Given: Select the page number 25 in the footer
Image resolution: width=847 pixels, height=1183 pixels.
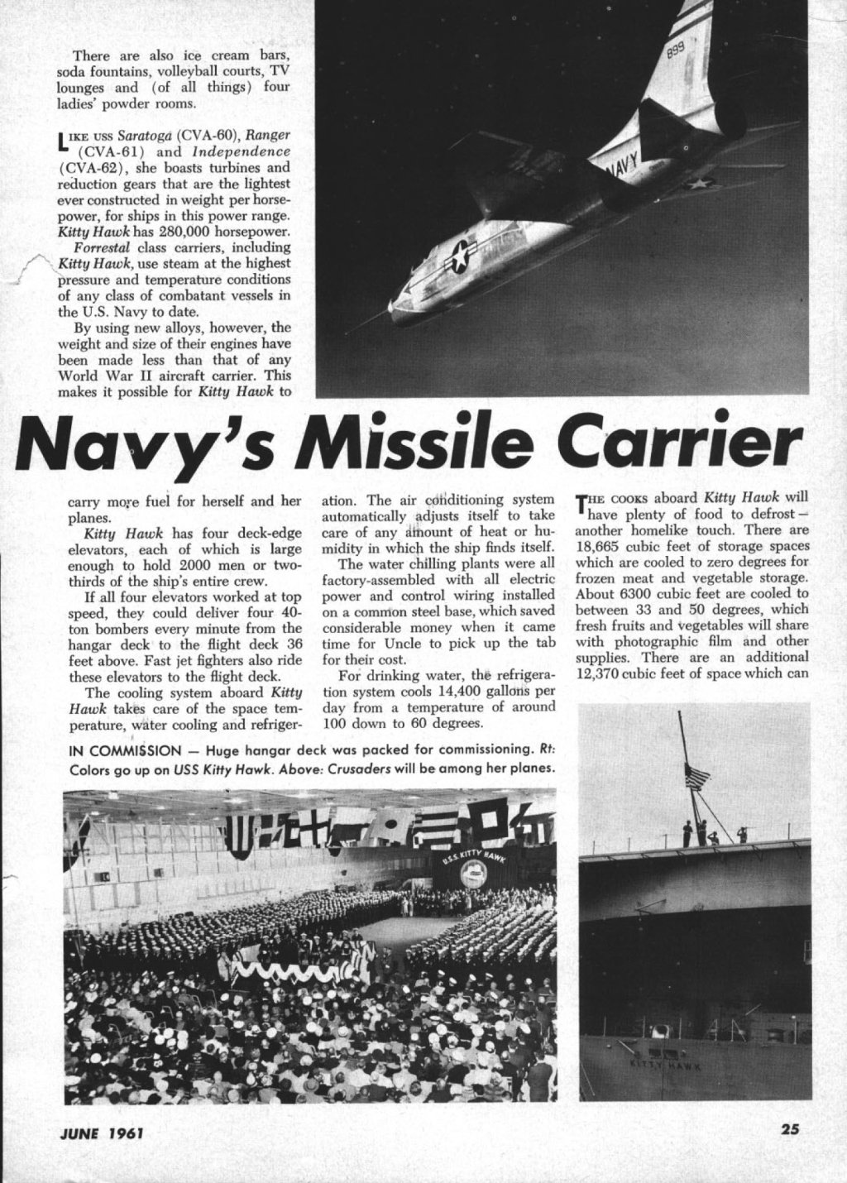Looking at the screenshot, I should tap(788, 1149).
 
